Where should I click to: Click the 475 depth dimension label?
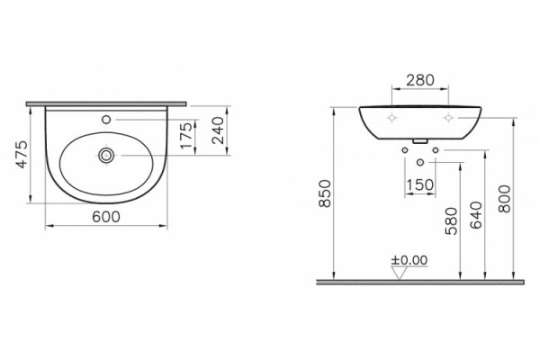[x=22, y=154]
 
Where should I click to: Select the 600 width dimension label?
[x=106, y=217]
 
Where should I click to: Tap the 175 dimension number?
[x=186, y=136]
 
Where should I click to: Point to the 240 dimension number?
[x=218, y=130]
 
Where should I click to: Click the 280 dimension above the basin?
[x=420, y=80]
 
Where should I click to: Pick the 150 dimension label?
[x=420, y=185]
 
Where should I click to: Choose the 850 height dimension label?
[x=325, y=193]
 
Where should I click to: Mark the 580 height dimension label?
[x=452, y=220]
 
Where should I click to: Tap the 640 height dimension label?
[x=476, y=215]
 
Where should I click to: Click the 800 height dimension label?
[x=505, y=199]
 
